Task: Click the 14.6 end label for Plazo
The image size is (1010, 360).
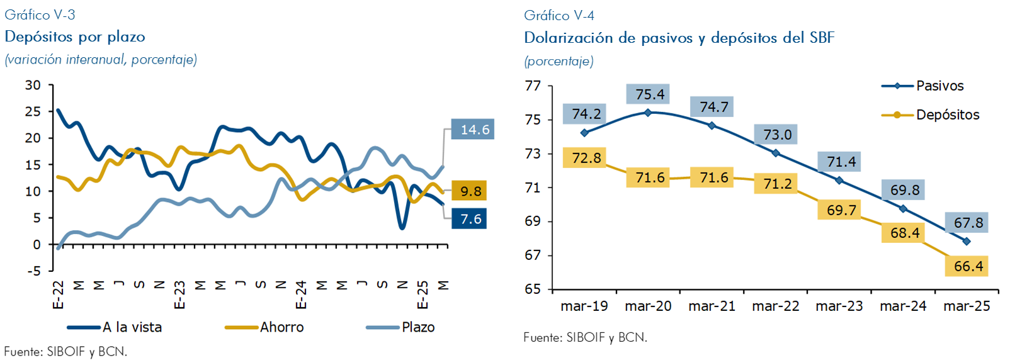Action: click(474, 130)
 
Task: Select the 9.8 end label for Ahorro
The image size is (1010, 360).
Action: click(470, 191)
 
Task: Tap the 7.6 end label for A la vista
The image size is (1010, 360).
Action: click(470, 219)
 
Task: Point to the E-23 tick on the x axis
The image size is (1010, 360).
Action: click(179, 295)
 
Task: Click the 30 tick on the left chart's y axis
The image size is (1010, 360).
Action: click(33, 85)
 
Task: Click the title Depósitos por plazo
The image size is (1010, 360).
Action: click(75, 37)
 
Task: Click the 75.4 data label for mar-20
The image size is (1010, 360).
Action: click(650, 94)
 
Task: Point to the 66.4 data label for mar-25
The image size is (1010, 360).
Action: click(968, 266)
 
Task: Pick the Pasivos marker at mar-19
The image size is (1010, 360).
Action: click(584, 133)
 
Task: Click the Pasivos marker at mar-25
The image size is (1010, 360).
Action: click(967, 241)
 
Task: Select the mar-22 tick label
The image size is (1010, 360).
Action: click(776, 306)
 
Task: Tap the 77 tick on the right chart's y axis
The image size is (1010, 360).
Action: click(533, 86)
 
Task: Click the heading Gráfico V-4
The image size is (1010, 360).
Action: click(559, 15)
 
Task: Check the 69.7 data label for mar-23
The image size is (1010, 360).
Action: click(841, 210)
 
